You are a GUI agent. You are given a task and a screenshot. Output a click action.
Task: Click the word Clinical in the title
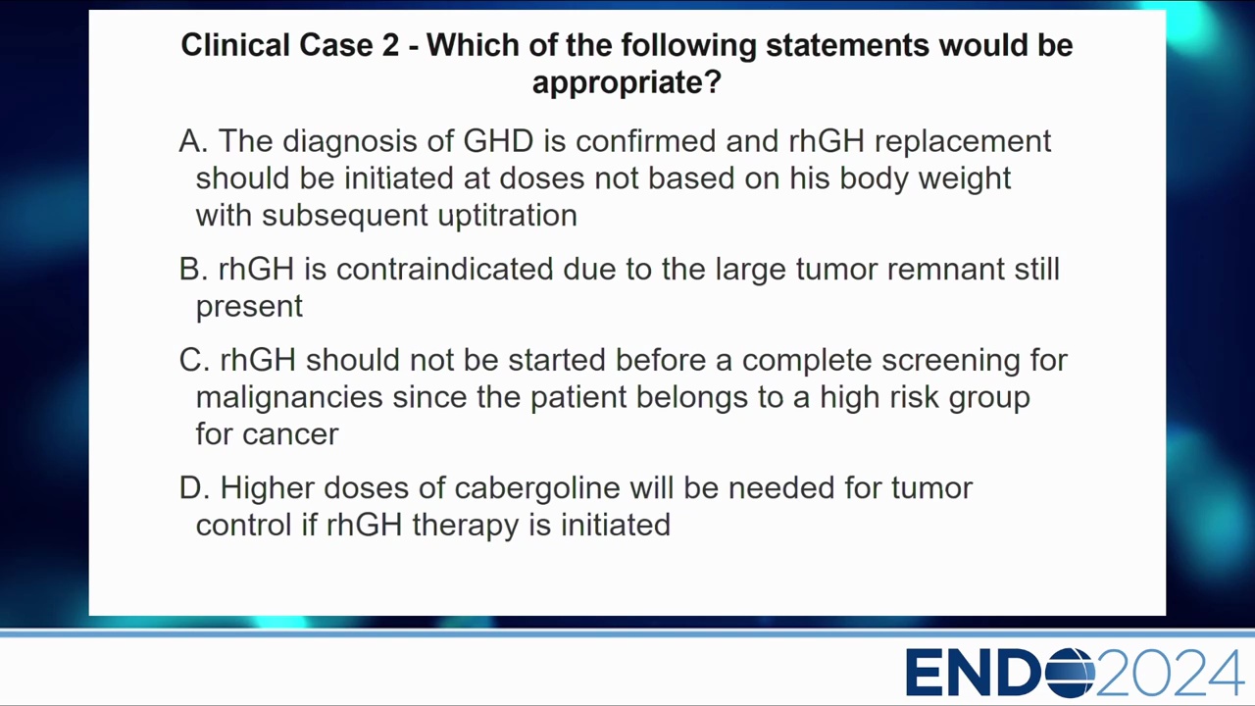coord(235,45)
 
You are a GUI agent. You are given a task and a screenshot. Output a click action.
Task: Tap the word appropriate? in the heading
coord(627,83)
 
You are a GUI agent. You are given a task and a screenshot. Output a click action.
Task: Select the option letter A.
coord(193,140)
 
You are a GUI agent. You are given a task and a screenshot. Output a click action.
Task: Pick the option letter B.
coord(193,269)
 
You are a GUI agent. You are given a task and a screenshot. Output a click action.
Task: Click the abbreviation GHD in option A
coord(498,140)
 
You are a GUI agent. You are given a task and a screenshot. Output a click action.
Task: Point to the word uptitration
coord(507,216)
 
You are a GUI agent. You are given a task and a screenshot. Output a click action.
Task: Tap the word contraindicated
coord(445,269)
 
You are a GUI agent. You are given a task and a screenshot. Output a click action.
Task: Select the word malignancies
coord(289,398)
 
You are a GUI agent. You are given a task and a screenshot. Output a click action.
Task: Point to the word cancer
coord(290,435)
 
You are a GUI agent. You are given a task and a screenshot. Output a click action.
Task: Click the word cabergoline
coord(537,488)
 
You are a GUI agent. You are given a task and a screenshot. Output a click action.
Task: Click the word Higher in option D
coord(267,488)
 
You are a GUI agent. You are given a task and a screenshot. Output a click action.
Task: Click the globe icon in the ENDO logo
coord(1070,673)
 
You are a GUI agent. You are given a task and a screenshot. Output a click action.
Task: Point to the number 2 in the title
coord(390,45)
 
